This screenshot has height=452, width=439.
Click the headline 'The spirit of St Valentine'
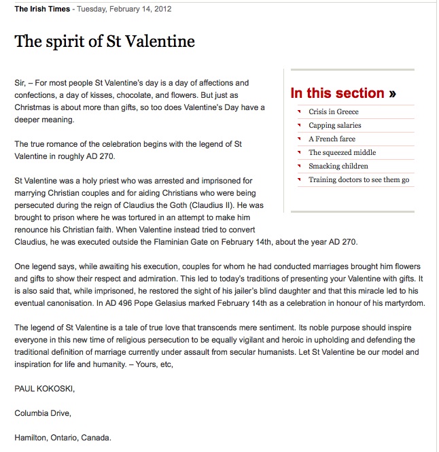pyautogui.click(x=105, y=41)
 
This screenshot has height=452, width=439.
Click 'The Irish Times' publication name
pyautogui.click(x=42, y=9)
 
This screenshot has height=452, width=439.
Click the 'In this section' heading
pyautogui.click(x=338, y=94)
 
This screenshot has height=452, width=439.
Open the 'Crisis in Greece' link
pyautogui.click(x=333, y=111)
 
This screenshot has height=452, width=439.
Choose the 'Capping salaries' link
pyautogui.click(x=334, y=125)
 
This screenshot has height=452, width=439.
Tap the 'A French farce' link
pyautogui.click(x=332, y=139)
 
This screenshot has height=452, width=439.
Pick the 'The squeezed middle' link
pyautogui.click(x=342, y=152)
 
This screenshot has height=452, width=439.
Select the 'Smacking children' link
pyautogui.click(x=338, y=166)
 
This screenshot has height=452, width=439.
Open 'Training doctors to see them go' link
pyautogui.click(x=358, y=179)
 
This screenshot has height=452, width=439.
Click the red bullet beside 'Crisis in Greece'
pyautogui.click(x=299, y=111)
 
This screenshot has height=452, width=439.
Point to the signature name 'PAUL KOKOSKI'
pyautogui.click(x=44, y=389)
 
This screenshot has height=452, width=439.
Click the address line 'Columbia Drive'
pyautogui.click(x=43, y=413)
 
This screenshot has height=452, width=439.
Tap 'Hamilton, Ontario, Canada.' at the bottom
pyautogui.click(x=63, y=437)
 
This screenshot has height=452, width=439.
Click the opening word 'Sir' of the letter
pyautogui.click(x=20, y=83)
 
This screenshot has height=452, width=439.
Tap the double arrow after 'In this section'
pyautogui.click(x=393, y=94)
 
